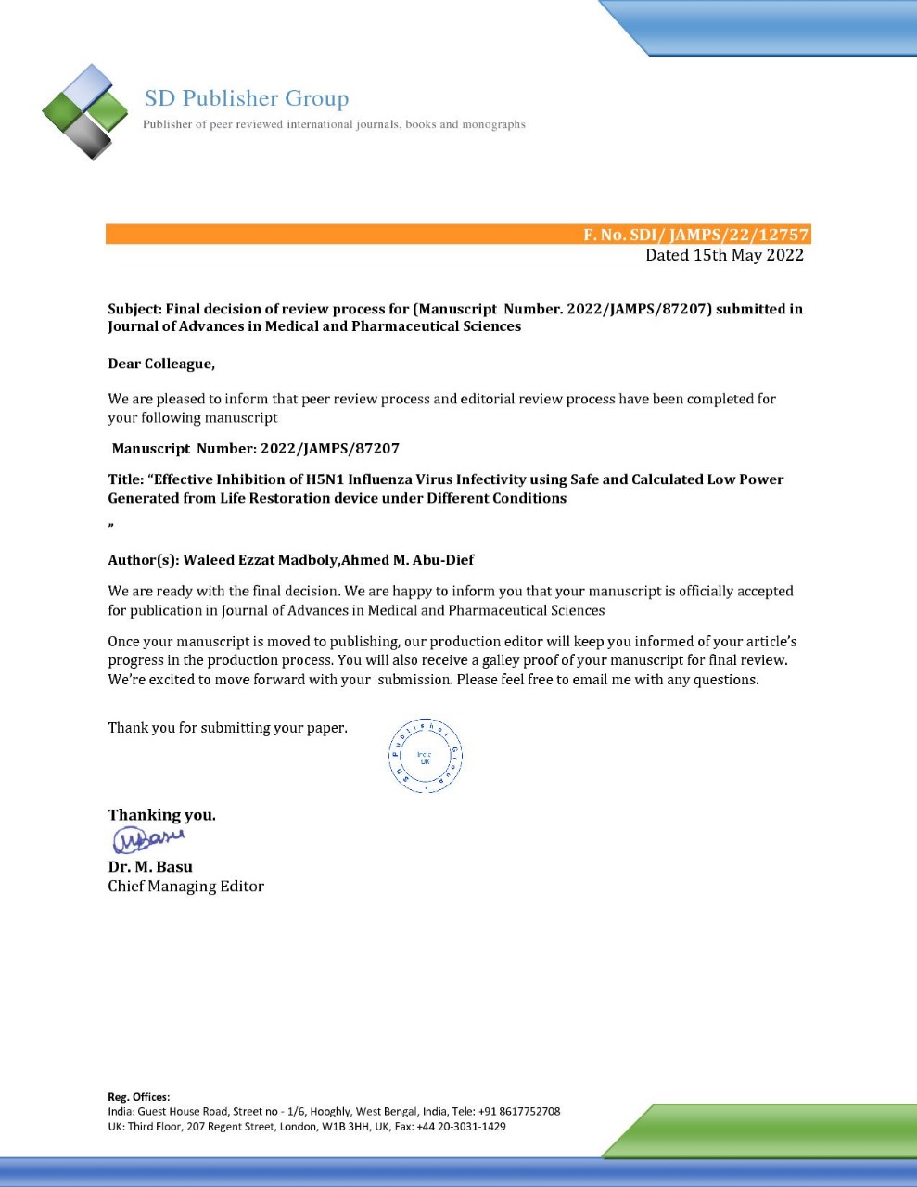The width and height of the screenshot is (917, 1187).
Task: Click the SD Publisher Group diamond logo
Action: [85, 111]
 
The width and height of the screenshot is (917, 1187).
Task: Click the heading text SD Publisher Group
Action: [247, 98]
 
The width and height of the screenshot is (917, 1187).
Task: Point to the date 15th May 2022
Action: [748, 255]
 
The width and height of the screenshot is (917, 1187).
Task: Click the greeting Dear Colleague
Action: [161, 364]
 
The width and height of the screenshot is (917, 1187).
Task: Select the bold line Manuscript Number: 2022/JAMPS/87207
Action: [255, 449]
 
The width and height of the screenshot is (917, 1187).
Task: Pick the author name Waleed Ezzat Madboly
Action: [261, 560]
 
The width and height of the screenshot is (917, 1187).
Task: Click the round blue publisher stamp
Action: [425, 756]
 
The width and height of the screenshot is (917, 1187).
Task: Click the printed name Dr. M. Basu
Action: [150, 867]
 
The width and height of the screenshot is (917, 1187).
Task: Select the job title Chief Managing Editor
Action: [185, 887]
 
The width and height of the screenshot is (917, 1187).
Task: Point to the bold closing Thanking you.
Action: [161, 815]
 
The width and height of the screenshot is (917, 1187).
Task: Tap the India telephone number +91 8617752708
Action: [519, 1111]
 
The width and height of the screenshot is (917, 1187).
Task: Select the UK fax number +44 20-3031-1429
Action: [461, 1127]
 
